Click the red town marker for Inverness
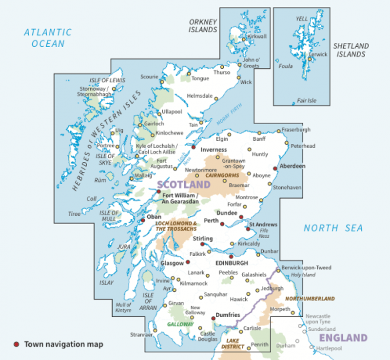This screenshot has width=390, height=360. point(193,147)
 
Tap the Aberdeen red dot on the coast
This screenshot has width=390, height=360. point(275,169)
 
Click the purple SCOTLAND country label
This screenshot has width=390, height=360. point(183,185)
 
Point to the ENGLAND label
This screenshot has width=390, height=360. point(343,338)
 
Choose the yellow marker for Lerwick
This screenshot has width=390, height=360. point(310,59)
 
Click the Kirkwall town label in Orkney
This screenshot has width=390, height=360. point(257,37)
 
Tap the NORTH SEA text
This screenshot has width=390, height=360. point(333,228)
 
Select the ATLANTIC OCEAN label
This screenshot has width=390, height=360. point(48,38)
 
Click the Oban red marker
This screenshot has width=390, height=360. point(143,220)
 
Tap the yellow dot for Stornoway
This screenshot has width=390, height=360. point(114,89)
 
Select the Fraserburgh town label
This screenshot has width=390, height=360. point(296,130)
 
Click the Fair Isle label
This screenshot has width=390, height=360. point(306,101)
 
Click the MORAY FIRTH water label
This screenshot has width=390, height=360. point(229,118)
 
